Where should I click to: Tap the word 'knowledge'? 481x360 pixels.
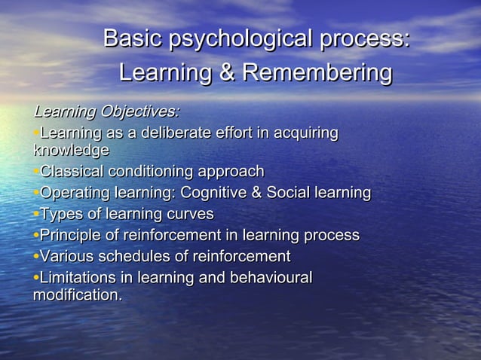pos(71,150)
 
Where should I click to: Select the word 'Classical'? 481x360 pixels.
pos(72,172)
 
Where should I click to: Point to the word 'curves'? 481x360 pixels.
pos(188,214)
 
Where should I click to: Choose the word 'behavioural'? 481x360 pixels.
pos(267,277)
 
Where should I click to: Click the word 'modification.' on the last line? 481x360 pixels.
pos(78,294)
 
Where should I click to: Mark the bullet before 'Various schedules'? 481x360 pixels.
pos(35,257)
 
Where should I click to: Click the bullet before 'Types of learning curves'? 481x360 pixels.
pos(35,215)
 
